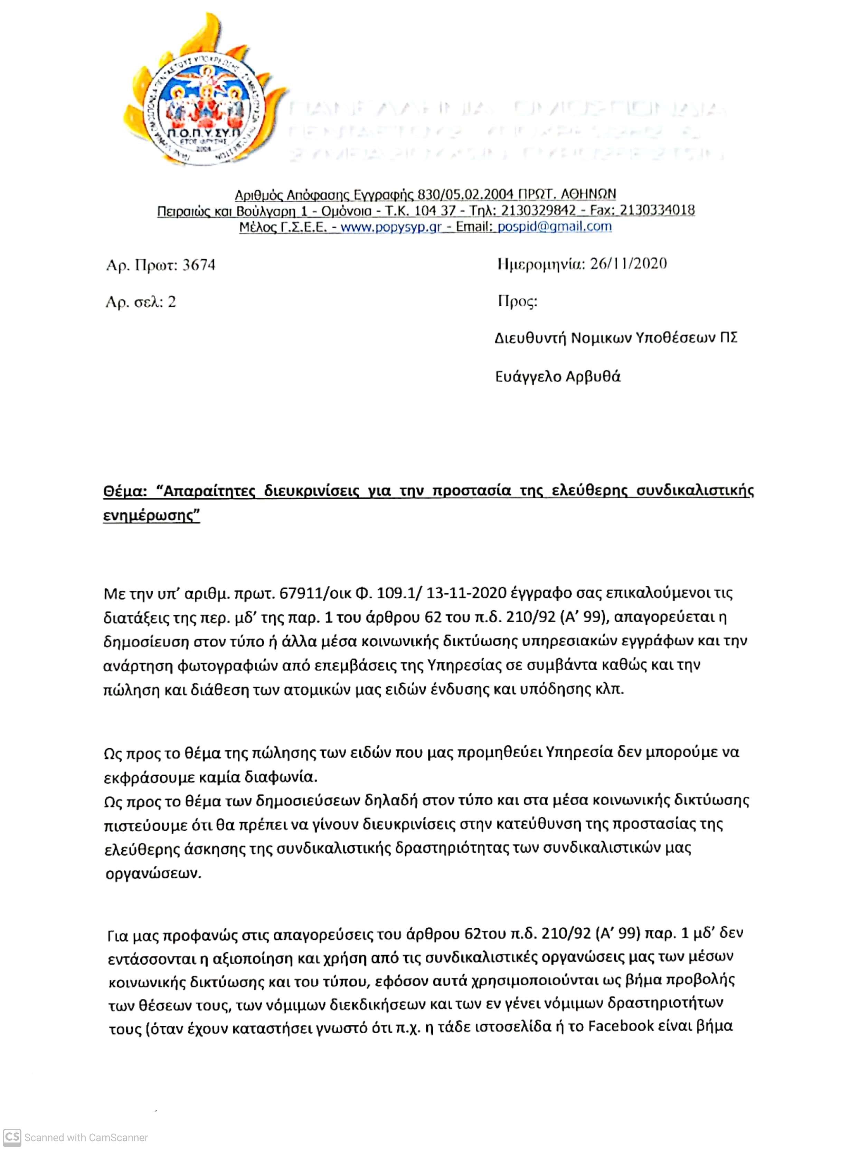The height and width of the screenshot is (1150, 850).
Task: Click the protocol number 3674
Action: point(199,265)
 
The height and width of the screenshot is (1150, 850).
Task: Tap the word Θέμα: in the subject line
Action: point(125,491)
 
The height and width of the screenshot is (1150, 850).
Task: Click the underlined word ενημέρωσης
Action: point(151,516)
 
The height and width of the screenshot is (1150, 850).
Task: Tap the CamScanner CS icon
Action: point(12,1137)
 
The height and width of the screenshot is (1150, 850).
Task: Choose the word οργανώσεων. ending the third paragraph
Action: point(153,874)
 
